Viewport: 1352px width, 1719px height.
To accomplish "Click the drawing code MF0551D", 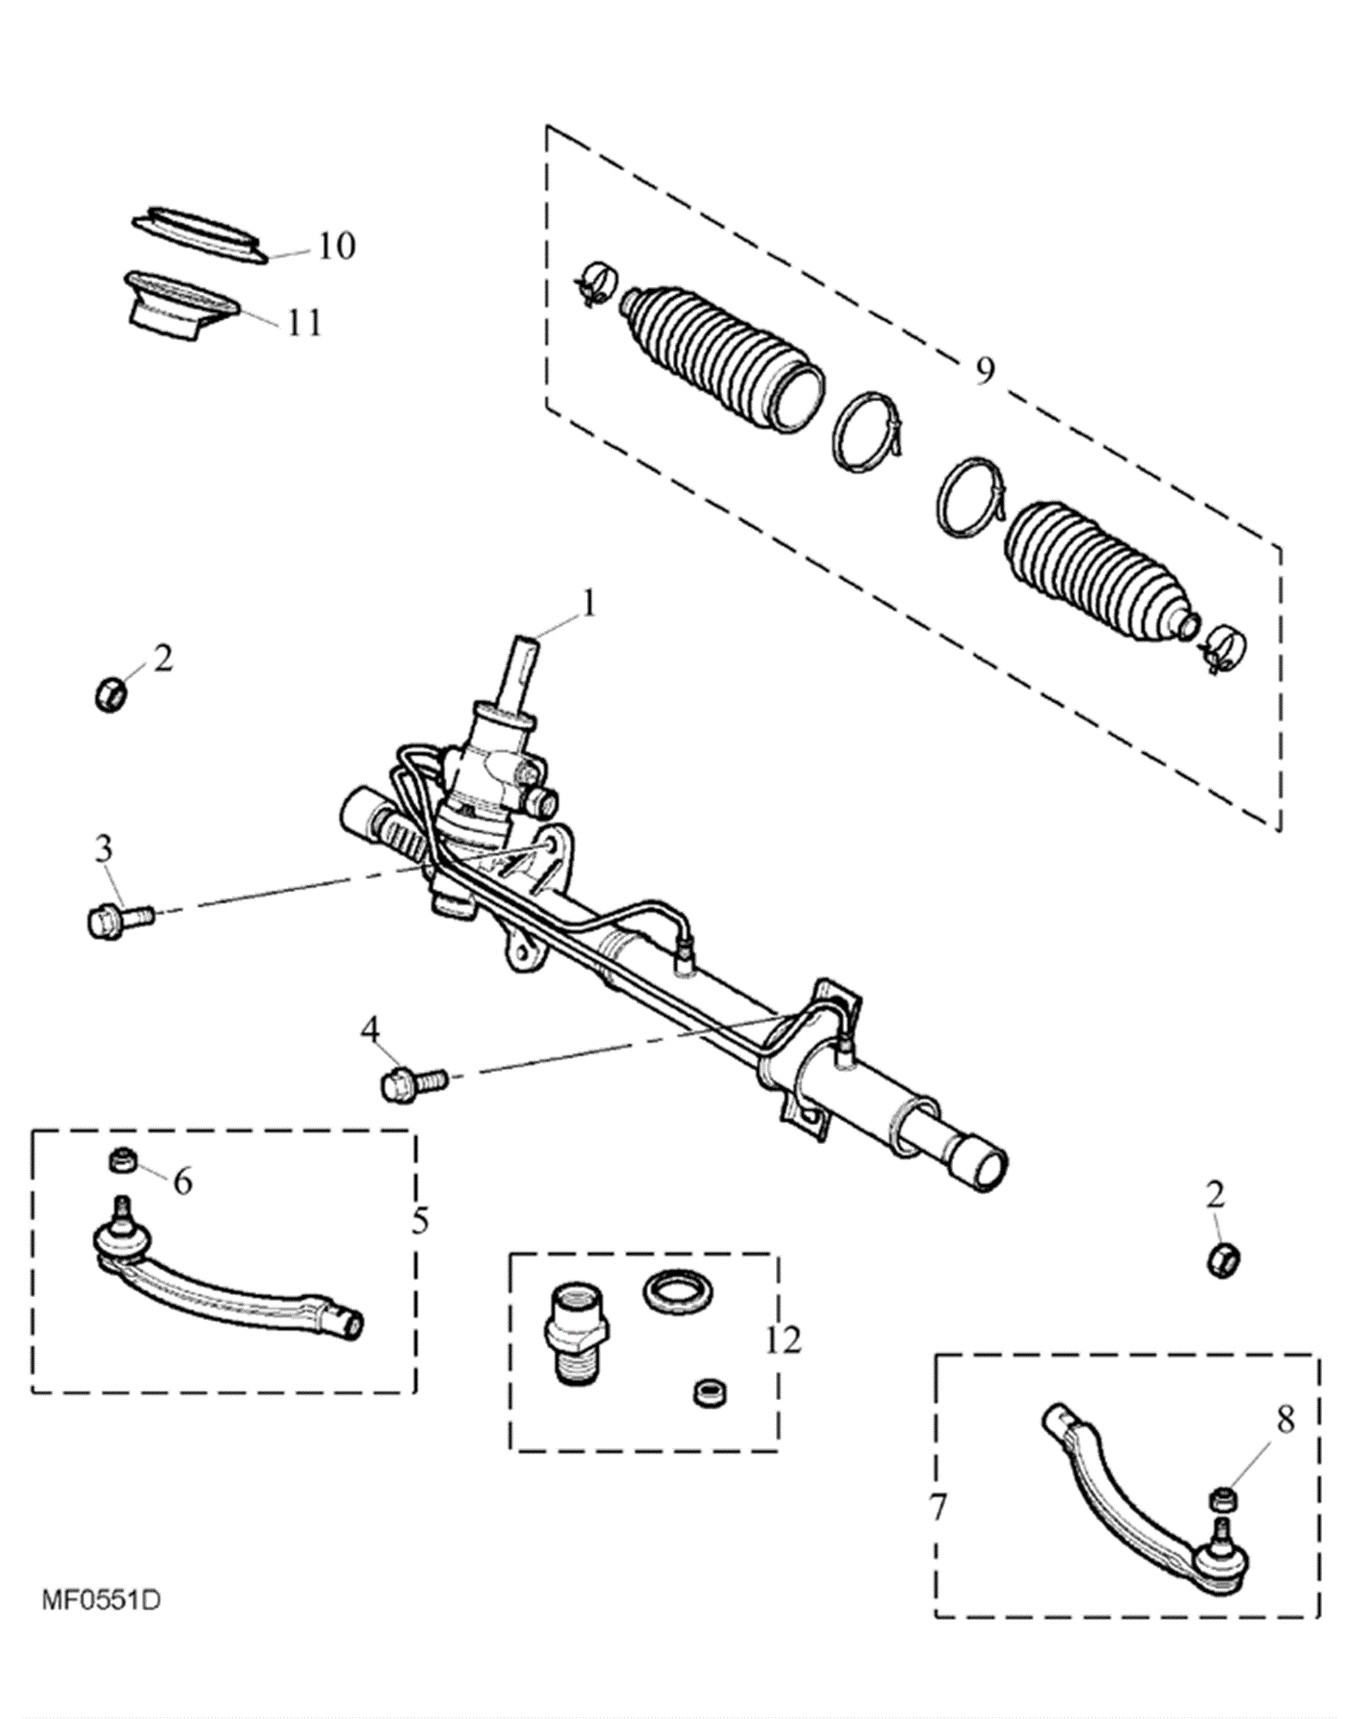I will pyautogui.click(x=101, y=1600).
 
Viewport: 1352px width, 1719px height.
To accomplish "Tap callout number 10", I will pyautogui.click(x=336, y=246).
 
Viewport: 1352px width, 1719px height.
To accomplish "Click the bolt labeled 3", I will pyautogui.click(x=119, y=919).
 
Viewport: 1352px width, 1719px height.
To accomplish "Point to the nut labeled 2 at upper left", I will pyautogui.click(x=110, y=693).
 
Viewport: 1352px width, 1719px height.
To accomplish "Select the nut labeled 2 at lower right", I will pyautogui.click(x=1224, y=1261).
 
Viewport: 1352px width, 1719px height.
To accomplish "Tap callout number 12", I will pyautogui.click(x=783, y=1341).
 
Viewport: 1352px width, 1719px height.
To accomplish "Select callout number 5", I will pyautogui.click(x=419, y=1220).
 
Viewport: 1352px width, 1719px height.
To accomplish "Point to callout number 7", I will pyautogui.click(x=938, y=1508).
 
